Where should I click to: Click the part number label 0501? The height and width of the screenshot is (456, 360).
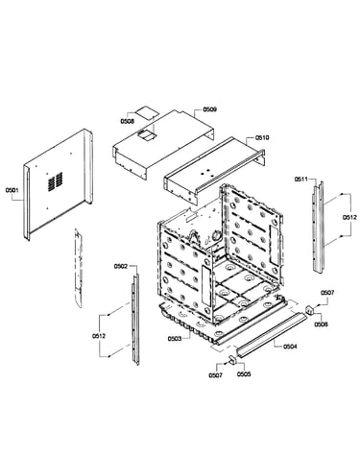(x=12, y=190)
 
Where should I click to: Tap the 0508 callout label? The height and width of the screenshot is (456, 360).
(x=127, y=121)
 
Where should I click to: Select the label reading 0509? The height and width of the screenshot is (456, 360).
(x=210, y=109)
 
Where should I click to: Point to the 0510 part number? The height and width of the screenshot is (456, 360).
(x=262, y=137)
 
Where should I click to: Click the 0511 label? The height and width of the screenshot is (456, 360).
(x=301, y=180)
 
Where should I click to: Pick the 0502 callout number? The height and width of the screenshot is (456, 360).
(x=121, y=266)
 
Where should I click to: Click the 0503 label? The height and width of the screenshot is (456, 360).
(x=175, y=338)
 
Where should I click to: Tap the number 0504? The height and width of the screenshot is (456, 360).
(x=290, y=347)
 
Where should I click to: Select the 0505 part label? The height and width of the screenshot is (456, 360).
(x=244, y=374)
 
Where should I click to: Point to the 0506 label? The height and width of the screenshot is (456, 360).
(x=321, y=324)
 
